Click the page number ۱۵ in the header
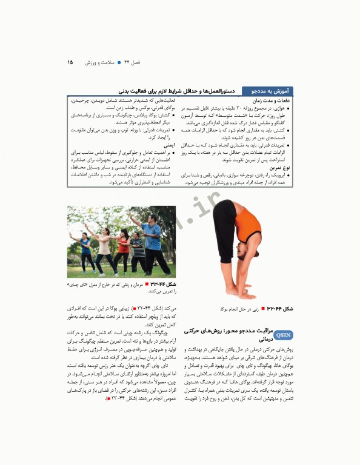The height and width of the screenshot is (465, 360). [x=70, y=62]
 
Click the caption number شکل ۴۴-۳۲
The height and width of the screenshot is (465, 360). [x=281, y=309]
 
